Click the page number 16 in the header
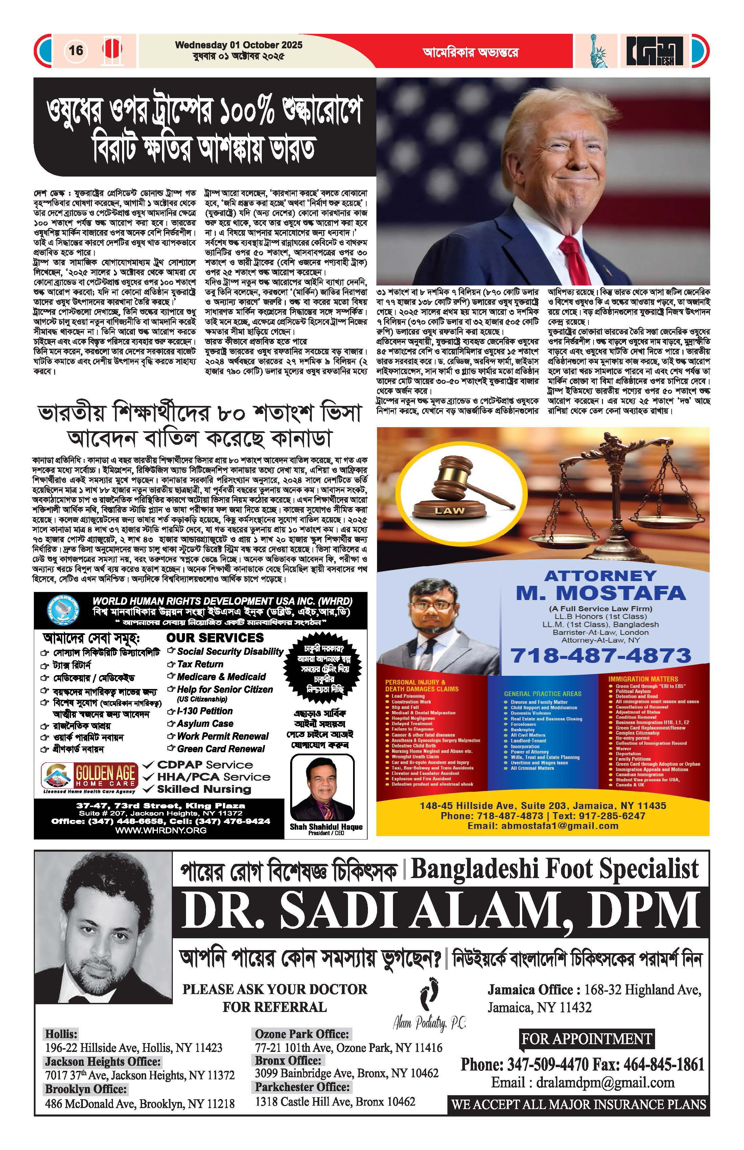click(76, 50)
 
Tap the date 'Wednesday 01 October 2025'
click(239, 45)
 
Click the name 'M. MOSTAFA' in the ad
click(601, 593)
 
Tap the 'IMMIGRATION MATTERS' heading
click(643, 679)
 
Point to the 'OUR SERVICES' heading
click(215, 638)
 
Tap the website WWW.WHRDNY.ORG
click(161, 830)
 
